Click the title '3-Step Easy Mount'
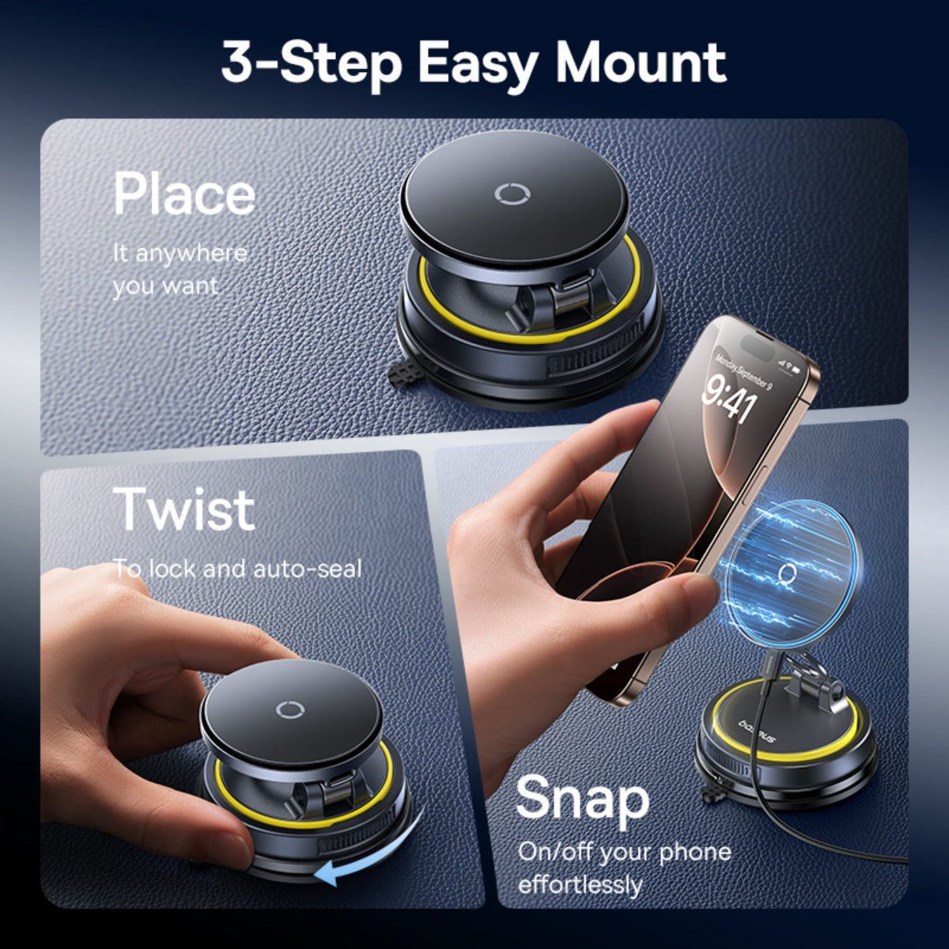(474, 63)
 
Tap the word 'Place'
(184, 194)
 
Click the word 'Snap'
(582, 799)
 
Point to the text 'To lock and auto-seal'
(237, 569)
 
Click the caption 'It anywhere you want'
(180, 269)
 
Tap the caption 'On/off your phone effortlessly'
(624, 868)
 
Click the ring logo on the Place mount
(508, 195)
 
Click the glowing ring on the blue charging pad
(787, 573)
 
